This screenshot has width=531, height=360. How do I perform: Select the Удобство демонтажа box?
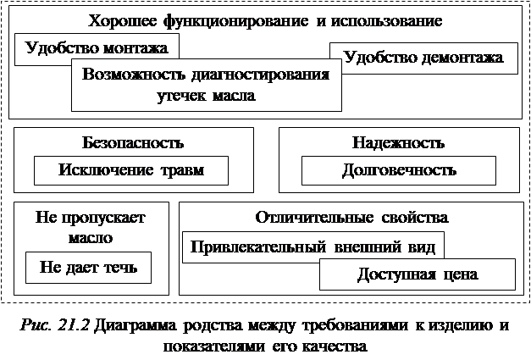coord(430,58)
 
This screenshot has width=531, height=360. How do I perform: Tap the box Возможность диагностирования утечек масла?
coord(206,84)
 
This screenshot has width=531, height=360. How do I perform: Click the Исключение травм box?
coord(131,169)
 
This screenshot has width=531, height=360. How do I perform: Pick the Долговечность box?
coord(398,169)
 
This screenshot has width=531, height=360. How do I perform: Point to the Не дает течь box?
coord(88,269)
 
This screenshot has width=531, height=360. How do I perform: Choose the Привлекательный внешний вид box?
coord(313,247)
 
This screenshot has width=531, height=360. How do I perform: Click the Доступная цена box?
coord(417,274)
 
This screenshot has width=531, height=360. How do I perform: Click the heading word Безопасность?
coord(133,142)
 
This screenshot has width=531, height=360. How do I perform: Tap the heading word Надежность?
coord(398,142)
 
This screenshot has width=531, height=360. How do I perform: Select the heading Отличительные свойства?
coord(351,217)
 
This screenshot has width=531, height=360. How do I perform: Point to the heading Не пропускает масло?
coord(91,227)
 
